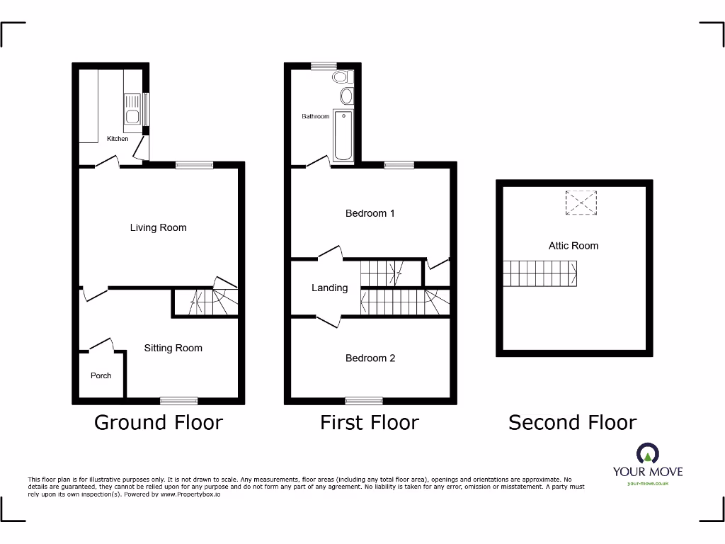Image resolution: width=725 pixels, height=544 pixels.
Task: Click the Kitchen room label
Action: tap(118, 139)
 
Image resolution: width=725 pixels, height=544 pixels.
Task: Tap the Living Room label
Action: tap(158, 227)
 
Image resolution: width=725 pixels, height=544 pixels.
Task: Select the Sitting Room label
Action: tap(173, 348)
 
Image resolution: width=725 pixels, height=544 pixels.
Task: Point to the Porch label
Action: tap(101, 375)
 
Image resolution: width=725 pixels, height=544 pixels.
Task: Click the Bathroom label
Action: tap(316, 116)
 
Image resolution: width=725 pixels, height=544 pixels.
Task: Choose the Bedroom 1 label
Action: tap(370, 213)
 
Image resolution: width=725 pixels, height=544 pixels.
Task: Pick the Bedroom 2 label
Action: tap(370, 358)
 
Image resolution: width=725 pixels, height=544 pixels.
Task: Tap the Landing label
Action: tap(329, 288)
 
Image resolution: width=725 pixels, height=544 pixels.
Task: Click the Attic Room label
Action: tap(573, 246)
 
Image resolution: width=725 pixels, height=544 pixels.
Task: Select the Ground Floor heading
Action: tap(159, 423)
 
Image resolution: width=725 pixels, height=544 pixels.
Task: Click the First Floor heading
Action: tap(370, 423)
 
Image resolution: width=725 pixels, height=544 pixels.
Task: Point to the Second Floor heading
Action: tap(573, 423)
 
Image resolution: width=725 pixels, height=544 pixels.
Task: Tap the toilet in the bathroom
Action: tap(341, 76)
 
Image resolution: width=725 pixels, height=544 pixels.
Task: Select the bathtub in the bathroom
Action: tap(343, 135)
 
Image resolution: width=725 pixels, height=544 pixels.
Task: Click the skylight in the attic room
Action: tap(581, 202)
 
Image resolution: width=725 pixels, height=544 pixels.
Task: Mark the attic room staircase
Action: tap(540, 273)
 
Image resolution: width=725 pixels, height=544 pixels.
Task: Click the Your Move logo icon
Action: tap(647, 453)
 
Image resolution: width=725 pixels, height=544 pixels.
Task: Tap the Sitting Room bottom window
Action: tap(178, 401)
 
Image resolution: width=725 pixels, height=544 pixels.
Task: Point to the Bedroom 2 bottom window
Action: tap(364, 401)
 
